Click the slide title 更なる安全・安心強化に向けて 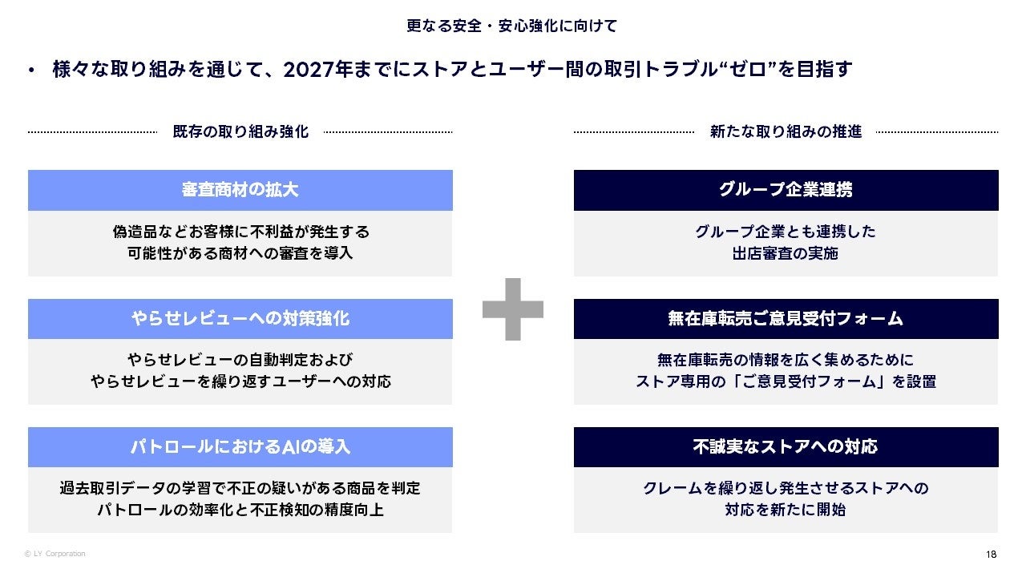tap(511, 26)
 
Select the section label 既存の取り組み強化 tap(240, 131)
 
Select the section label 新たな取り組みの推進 tap(786, 131)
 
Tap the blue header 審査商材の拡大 tap(240, 190)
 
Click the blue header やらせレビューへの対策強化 tap(240, 318)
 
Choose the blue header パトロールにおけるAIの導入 tap(240, 446)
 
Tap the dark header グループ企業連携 tap(786, 190)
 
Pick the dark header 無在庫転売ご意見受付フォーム tap(786, 318)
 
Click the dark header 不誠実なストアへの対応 tap(786, 446)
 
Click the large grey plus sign tap(513, 309)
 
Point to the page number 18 tap(992, 555)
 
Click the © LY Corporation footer tap(55, 554)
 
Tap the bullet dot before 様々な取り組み tap(31, 71)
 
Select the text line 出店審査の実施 tap(786, 253)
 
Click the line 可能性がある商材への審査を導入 tap(240, 253)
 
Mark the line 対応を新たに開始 tap(786, 510)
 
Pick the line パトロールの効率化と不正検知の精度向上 tap(240, 510)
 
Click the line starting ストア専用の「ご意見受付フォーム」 tap(786, 381)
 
